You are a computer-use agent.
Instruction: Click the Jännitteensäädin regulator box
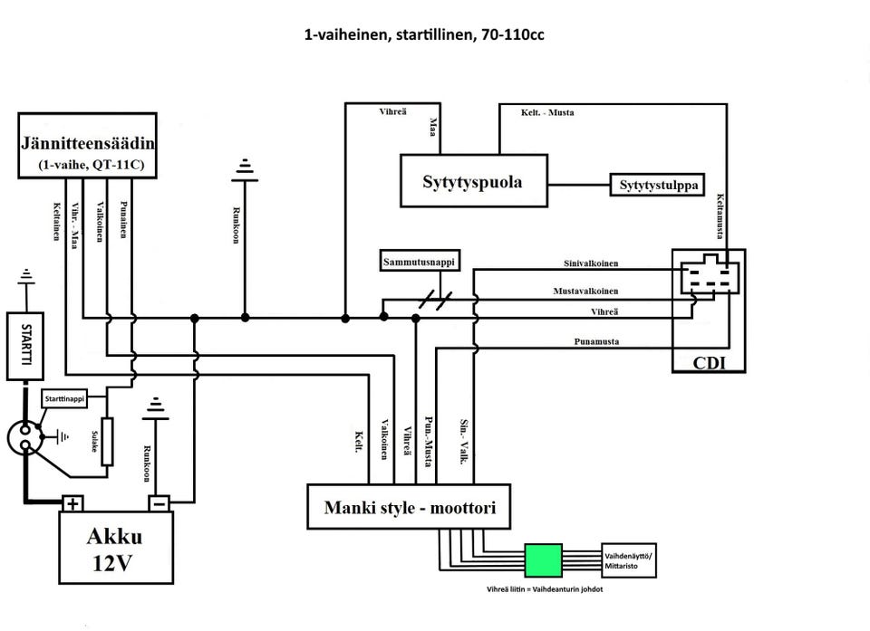pyautogui.click(x=89, y=144)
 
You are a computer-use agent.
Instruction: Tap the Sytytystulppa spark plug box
pyautogui.click(x=659, y=185)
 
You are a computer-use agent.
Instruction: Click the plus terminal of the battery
pyautogui.click(x=73, y=503)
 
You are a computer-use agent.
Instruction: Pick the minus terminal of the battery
pyautogui.click(x=159, y=503)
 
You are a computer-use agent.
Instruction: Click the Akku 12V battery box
pyautogui.click(x=115, y=549)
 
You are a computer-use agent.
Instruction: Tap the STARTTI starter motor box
pyautogui.click(x=25, y=346)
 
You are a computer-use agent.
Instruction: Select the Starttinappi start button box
pyautogui.click(x=65, y=398)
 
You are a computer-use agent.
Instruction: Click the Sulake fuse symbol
pyautogui.click(x=107, y=441)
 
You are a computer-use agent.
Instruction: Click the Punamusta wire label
pyautogui.click(x=596, y=342)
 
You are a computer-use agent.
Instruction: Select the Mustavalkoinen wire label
pyautogui.click(x=586, y=292)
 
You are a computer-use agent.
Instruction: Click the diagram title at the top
pyautogui.click(x=424, y=36)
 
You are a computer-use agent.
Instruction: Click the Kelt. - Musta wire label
pyautogui.click(x=546, y=112)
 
